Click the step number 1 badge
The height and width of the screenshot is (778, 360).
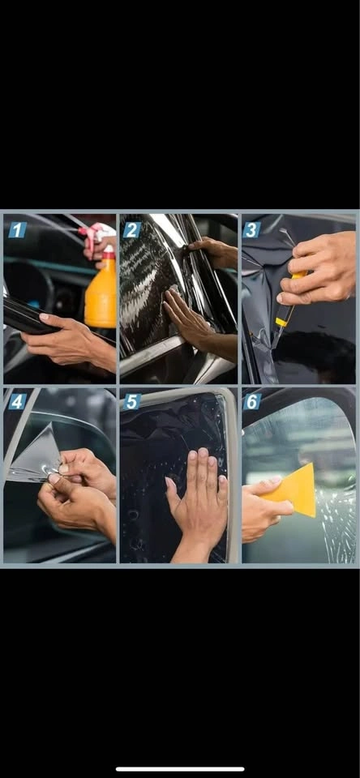click(x=17, y=229)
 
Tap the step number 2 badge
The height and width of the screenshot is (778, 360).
click(x=133, y=229)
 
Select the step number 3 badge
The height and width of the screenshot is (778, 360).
click(x=251, y=229)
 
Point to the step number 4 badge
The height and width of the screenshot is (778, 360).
click(x=17, y=401)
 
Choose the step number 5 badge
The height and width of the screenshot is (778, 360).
click(x=133, y=401)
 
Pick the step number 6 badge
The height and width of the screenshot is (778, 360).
click(x=251, y=401)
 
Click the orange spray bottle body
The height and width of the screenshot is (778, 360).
click(x=101, y=293)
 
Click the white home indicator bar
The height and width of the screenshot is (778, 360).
click(x=180, y=769)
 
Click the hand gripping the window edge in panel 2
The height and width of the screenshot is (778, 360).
click(x=212, y=251)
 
